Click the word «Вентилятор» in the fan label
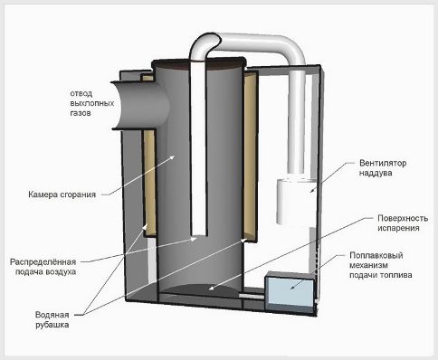coord(383,163)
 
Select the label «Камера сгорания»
coord(62,194)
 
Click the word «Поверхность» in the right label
coord(403,218)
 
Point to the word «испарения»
coord(398,228)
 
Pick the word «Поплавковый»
coord(376,255)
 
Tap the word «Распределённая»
coord(43,261)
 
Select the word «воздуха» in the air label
coord(61,271)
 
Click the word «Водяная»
coord(52,315)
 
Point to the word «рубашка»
coord(52,325)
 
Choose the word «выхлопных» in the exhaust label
coord(92,103)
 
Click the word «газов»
coord(81,113)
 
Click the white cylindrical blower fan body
coord(296,202)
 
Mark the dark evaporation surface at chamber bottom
coord(200,289)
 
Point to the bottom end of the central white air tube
coord(199,234)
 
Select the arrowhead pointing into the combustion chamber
coord(173,156)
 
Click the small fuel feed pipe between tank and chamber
coord(252,296)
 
